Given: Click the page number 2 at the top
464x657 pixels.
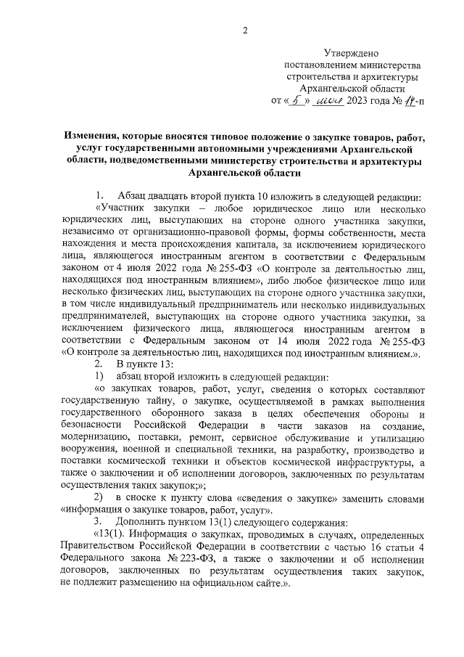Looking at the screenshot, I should tap(245, 30).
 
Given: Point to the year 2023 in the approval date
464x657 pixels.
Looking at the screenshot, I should tap(359, 100).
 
